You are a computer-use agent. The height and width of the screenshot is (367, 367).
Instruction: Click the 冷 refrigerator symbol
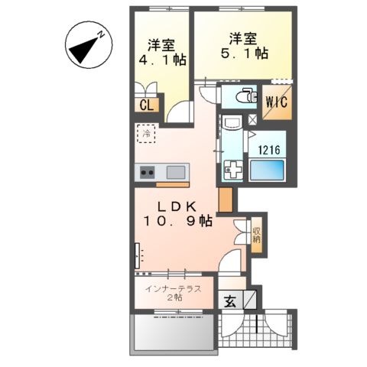point(146,133)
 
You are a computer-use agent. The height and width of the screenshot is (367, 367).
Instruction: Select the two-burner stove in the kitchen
point(146,172)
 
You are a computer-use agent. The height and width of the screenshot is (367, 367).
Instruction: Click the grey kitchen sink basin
point(175,171)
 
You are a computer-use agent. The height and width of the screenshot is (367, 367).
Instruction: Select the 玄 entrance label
point(231,301)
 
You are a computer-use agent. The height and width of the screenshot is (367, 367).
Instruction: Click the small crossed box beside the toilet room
point(253,120)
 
